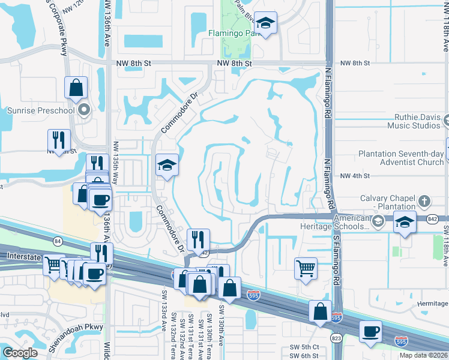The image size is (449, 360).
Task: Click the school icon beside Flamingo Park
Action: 265,23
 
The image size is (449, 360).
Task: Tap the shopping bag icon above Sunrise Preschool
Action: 76,88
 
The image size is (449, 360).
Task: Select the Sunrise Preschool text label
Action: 41,110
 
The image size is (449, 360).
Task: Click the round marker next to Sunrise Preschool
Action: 84,110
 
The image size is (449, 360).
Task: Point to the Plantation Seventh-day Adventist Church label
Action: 401,158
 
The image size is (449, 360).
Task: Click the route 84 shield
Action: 57,241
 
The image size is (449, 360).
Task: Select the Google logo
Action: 20,353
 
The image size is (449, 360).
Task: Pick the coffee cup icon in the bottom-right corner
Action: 370,331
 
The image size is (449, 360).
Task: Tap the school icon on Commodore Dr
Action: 166,166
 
